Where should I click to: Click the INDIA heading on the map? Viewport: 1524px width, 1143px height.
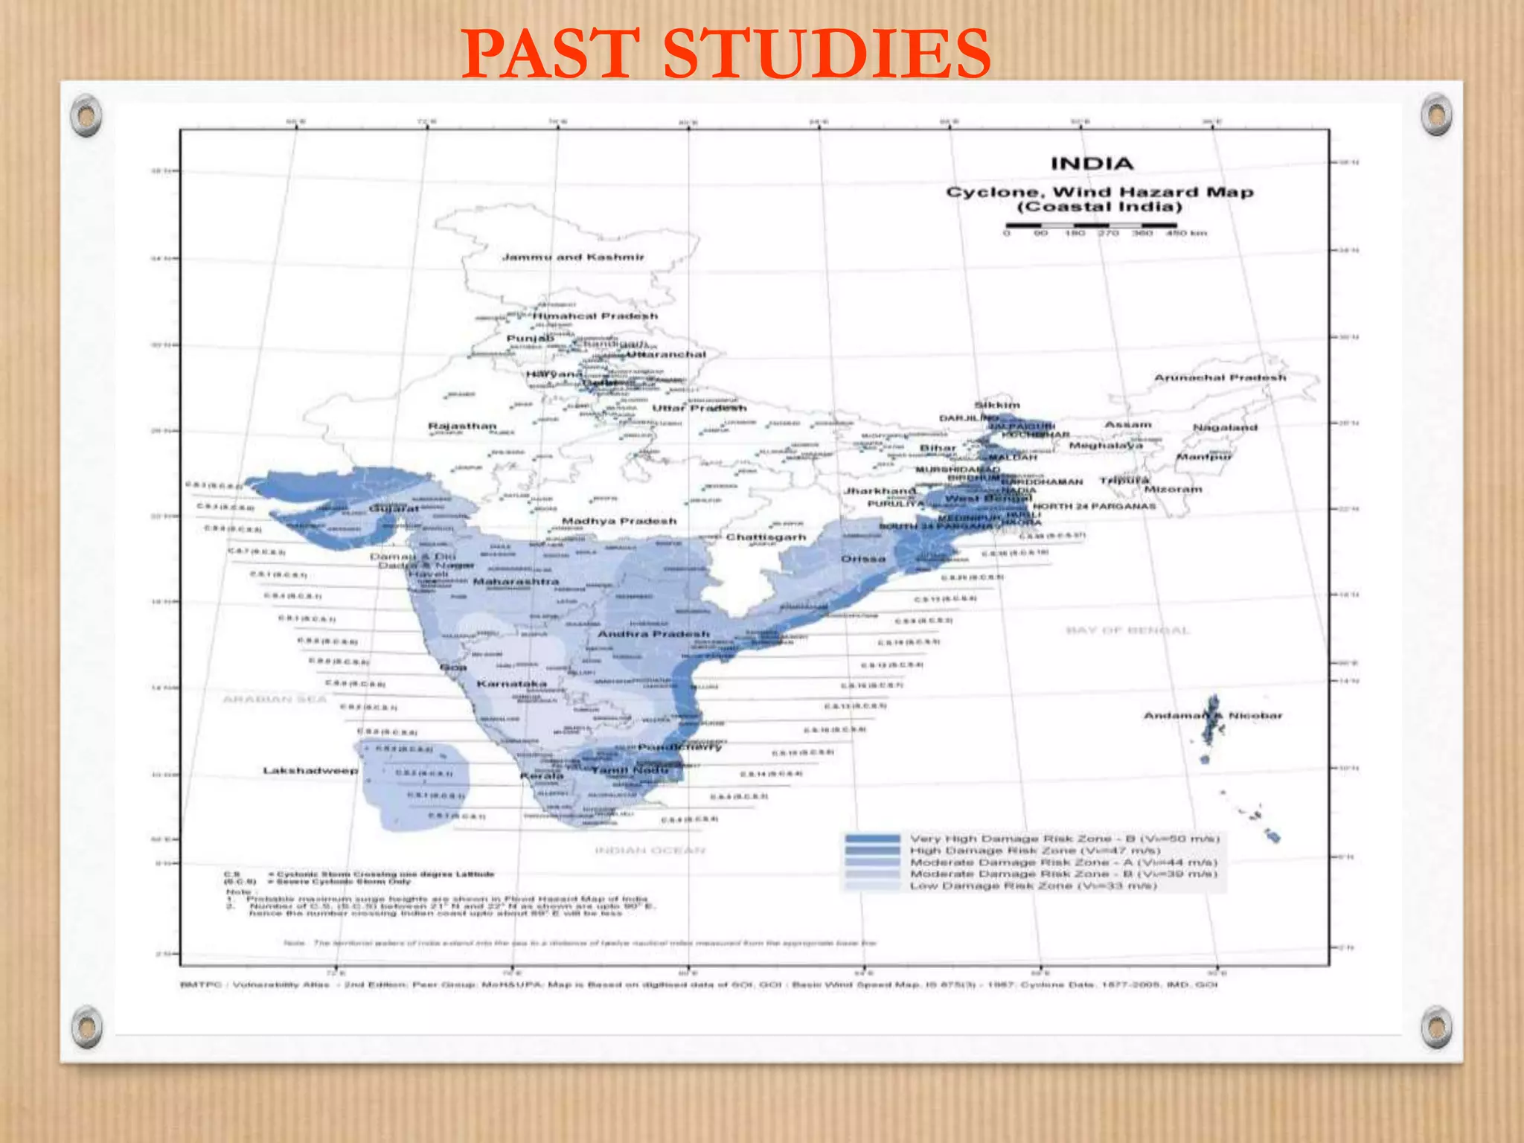(x=1092, y=164)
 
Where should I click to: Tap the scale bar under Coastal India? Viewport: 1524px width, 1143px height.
(x=1092, y=225)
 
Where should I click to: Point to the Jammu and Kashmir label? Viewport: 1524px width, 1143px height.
(x=573, y=257)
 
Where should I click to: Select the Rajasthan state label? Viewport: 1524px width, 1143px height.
(x=462, y=426)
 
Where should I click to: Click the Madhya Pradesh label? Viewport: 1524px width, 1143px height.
(x=619, y=521)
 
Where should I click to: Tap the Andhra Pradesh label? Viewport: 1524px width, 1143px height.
(x=654, y=634)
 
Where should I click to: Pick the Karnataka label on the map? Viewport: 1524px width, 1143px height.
(x=511, y=683)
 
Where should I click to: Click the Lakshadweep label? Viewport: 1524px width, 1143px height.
(x=310, y=770)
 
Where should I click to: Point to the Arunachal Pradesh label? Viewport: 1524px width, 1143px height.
(x=1220, y=378)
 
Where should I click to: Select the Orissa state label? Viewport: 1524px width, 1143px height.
(x=863, y=559)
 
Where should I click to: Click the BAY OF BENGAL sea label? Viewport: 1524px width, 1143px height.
(x=1127, y=631)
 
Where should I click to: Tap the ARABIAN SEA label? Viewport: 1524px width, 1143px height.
(x=275, y=699)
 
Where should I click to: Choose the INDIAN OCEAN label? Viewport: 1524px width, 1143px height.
(x=650, y=850)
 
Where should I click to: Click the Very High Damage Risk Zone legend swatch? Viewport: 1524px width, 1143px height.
(x=872, y=839)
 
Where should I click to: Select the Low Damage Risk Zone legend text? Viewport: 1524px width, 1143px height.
(x=1034, y=886)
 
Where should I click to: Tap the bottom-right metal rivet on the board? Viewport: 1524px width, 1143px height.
(x=1435, y=1028)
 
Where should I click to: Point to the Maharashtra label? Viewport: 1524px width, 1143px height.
(x=516, y=581)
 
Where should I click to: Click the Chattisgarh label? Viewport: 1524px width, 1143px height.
(x=766, y=537)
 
